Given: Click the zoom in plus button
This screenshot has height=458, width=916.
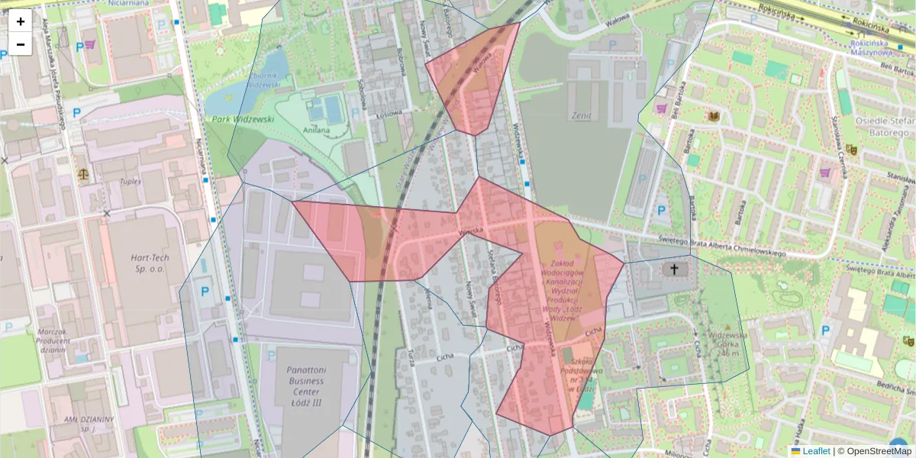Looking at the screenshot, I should (x=21, y=21).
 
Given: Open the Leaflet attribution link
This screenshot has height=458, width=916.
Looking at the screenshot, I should (x=815, y=451).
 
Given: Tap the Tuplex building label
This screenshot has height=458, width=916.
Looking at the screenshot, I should (x=132, y=181).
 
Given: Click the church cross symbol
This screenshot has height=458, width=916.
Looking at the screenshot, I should (x=673, y=269).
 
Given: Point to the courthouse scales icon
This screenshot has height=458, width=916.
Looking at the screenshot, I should (x=82, y=173).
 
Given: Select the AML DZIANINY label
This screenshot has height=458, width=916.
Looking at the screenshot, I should (x=88, y=424).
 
